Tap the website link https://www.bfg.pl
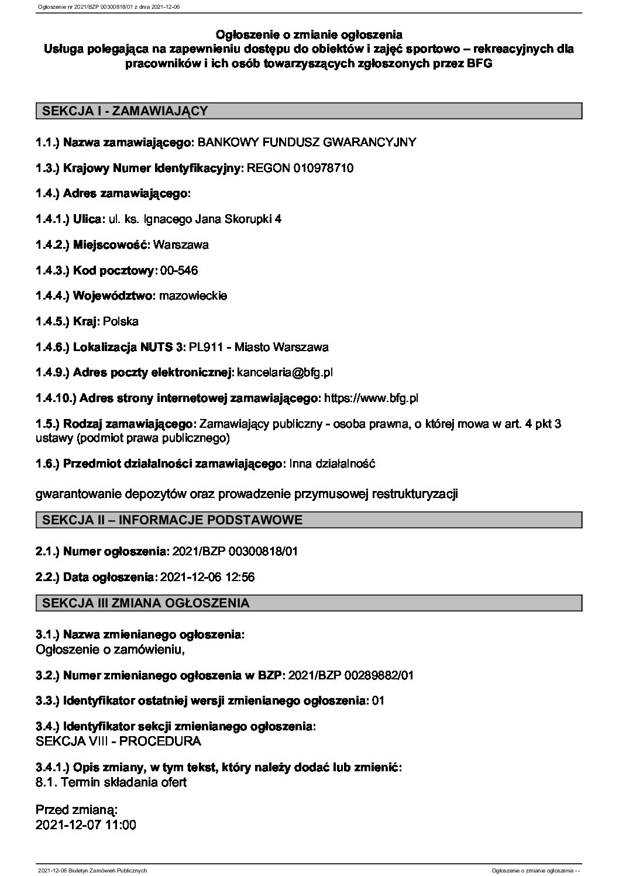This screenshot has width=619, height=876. coord(371,398)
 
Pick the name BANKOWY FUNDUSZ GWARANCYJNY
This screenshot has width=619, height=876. coord(308,142)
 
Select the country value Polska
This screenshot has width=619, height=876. coord(121,321)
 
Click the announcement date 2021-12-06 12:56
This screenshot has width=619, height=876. coord(207,577)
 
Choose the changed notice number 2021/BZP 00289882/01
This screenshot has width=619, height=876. coord(352,675)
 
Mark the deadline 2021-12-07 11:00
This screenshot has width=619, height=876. coord(86,825)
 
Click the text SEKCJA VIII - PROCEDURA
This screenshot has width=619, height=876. coord(118,741)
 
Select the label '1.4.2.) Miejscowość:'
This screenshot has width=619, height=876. coord(93,245)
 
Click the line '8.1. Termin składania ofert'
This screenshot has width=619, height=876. coord(111,782)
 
